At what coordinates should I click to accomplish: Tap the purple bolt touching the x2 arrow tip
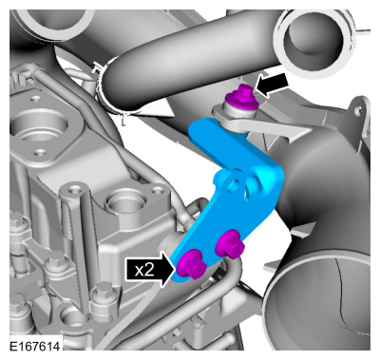click(192, 264)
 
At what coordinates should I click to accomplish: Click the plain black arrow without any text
click(273, 85)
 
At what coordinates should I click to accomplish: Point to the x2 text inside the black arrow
click(143, 270)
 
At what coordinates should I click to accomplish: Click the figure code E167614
click(34, 346)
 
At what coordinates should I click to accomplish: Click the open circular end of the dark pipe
click(314, 40)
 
